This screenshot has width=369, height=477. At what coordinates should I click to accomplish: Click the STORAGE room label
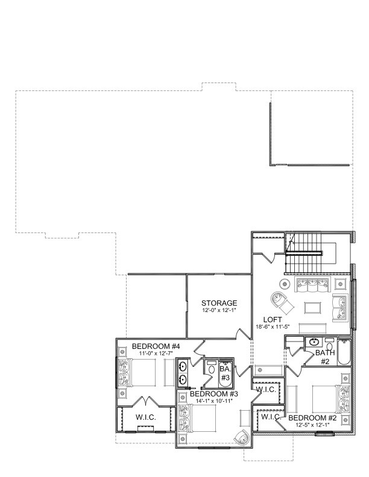(x=219, y=303)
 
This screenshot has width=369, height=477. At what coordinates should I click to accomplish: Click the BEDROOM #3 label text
(x=215, y=394)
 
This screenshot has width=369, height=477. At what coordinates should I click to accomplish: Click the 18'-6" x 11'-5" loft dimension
(x=273, y=326)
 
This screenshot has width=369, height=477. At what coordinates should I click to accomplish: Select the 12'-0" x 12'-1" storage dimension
(x=219, y=310)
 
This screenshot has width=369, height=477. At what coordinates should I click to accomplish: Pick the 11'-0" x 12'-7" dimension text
(x=153, y=353)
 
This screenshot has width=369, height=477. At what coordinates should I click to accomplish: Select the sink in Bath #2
(x=314, y=343)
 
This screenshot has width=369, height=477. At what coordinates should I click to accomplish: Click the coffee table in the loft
(x=312, y=308)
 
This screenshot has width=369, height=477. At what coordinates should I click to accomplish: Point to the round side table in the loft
(x=285, y=284)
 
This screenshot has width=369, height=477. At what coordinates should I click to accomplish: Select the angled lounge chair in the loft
(x=280, y=301)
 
